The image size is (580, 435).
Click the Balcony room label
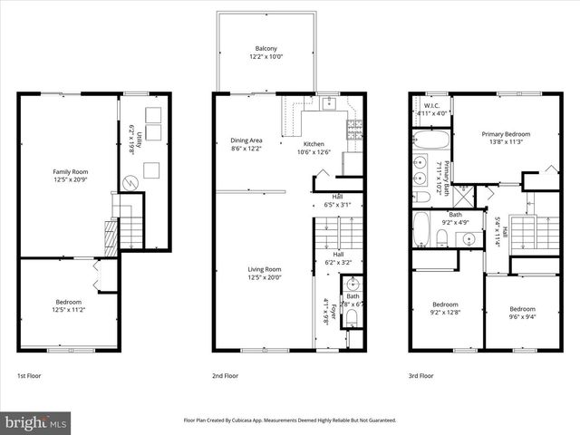[265, 48]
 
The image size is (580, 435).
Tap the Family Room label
[68, 171]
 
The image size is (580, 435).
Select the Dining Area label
[246, 140]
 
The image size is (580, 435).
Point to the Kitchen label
[313, 144]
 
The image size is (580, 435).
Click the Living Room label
[265, 268]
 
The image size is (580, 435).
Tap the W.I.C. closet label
[431, 106]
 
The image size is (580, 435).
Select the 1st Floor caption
[29, 375]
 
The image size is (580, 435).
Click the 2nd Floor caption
[225, 375]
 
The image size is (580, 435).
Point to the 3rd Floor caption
[420, 375]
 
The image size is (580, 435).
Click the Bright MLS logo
[36, 422]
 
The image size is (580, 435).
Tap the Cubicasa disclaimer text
[290, 420]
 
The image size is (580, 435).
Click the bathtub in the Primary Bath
[426, 140]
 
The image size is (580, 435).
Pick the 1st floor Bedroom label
[68, 302]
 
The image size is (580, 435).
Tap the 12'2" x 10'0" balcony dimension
[265, 56]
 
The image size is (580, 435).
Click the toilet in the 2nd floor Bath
[353, 316]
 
